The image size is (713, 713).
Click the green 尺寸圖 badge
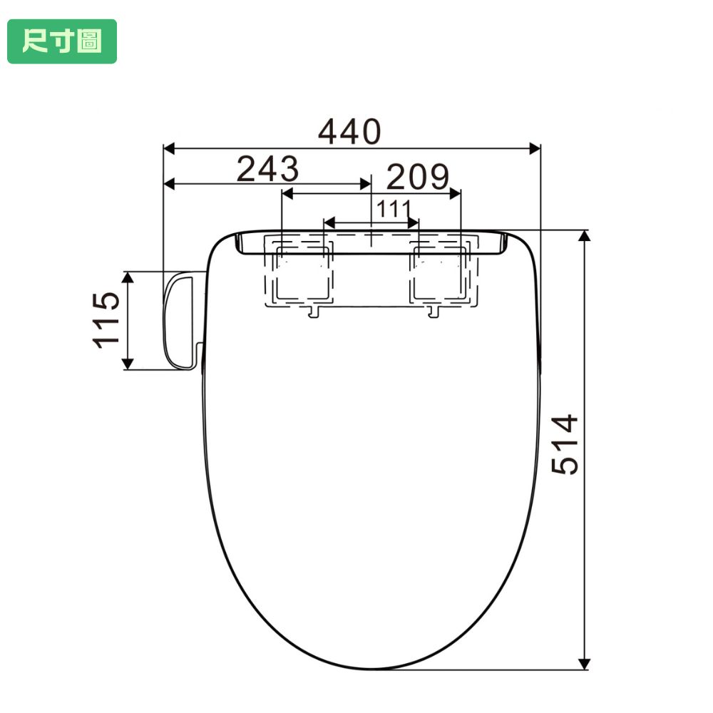[62, 41]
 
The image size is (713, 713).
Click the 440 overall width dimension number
[349, 132]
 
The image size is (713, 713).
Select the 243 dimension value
[268, 169]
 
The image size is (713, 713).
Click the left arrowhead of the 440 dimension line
[169, 148]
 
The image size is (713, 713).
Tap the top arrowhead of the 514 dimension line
[585, 236]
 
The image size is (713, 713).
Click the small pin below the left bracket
[313, 312]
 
